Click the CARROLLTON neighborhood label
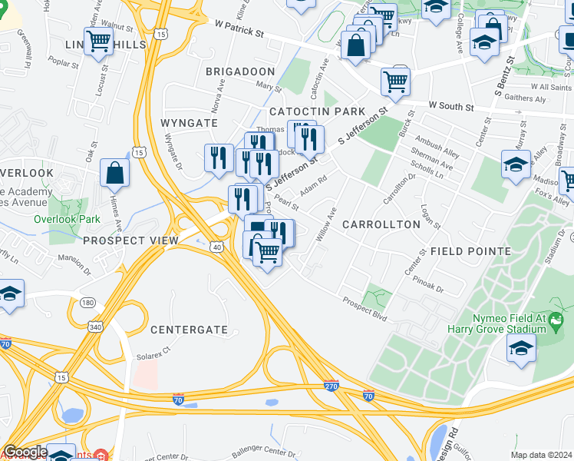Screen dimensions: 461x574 coord(381,224)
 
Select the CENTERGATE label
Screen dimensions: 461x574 coord(189,330)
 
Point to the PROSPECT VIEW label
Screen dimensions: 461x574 coord(130,240)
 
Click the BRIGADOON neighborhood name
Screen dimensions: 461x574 coord(239,71)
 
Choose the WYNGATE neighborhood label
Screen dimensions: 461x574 coord(185,123)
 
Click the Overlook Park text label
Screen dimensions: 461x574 coord(67,218)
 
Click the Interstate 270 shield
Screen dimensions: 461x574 coord(331,386)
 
